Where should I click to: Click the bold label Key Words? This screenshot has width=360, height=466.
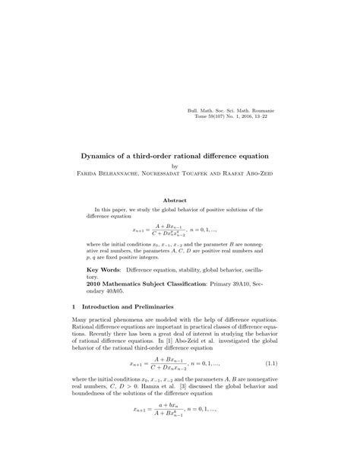[x=103, y=270]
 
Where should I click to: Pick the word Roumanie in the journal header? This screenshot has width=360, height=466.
[x=261, y=111]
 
